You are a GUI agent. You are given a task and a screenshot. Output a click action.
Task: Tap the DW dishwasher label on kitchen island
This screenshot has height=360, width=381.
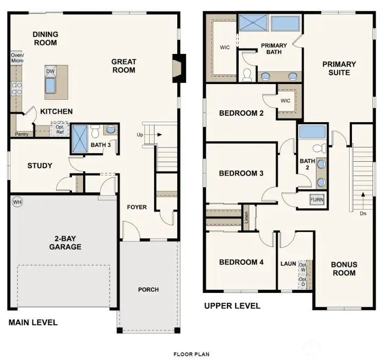(50, 71)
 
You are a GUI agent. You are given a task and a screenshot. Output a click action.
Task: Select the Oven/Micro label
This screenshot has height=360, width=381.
(17, 58)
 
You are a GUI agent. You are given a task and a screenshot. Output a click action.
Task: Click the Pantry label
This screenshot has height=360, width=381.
(22, 134)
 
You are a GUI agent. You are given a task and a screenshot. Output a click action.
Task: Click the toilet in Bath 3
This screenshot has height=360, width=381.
(95, 129)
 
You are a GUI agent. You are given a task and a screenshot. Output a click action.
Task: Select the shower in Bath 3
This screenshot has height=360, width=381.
(79, 139)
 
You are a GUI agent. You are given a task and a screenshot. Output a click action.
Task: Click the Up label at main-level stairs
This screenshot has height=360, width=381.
(141, 134)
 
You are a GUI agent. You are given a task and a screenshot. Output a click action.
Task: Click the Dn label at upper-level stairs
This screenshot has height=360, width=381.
(363, 214)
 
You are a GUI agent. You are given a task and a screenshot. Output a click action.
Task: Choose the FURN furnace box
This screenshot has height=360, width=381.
(317, 200)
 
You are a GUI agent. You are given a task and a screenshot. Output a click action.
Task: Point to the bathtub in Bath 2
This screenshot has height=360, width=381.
(312, 132)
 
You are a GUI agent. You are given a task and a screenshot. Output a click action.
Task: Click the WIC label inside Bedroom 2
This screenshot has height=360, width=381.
(286, 100)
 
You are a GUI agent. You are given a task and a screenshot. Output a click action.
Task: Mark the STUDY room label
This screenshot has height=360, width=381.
(40, 166)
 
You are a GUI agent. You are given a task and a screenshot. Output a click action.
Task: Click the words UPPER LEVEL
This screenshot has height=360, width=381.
(232, 306)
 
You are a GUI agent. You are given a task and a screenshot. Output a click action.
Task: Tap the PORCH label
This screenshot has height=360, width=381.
(148, 289)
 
